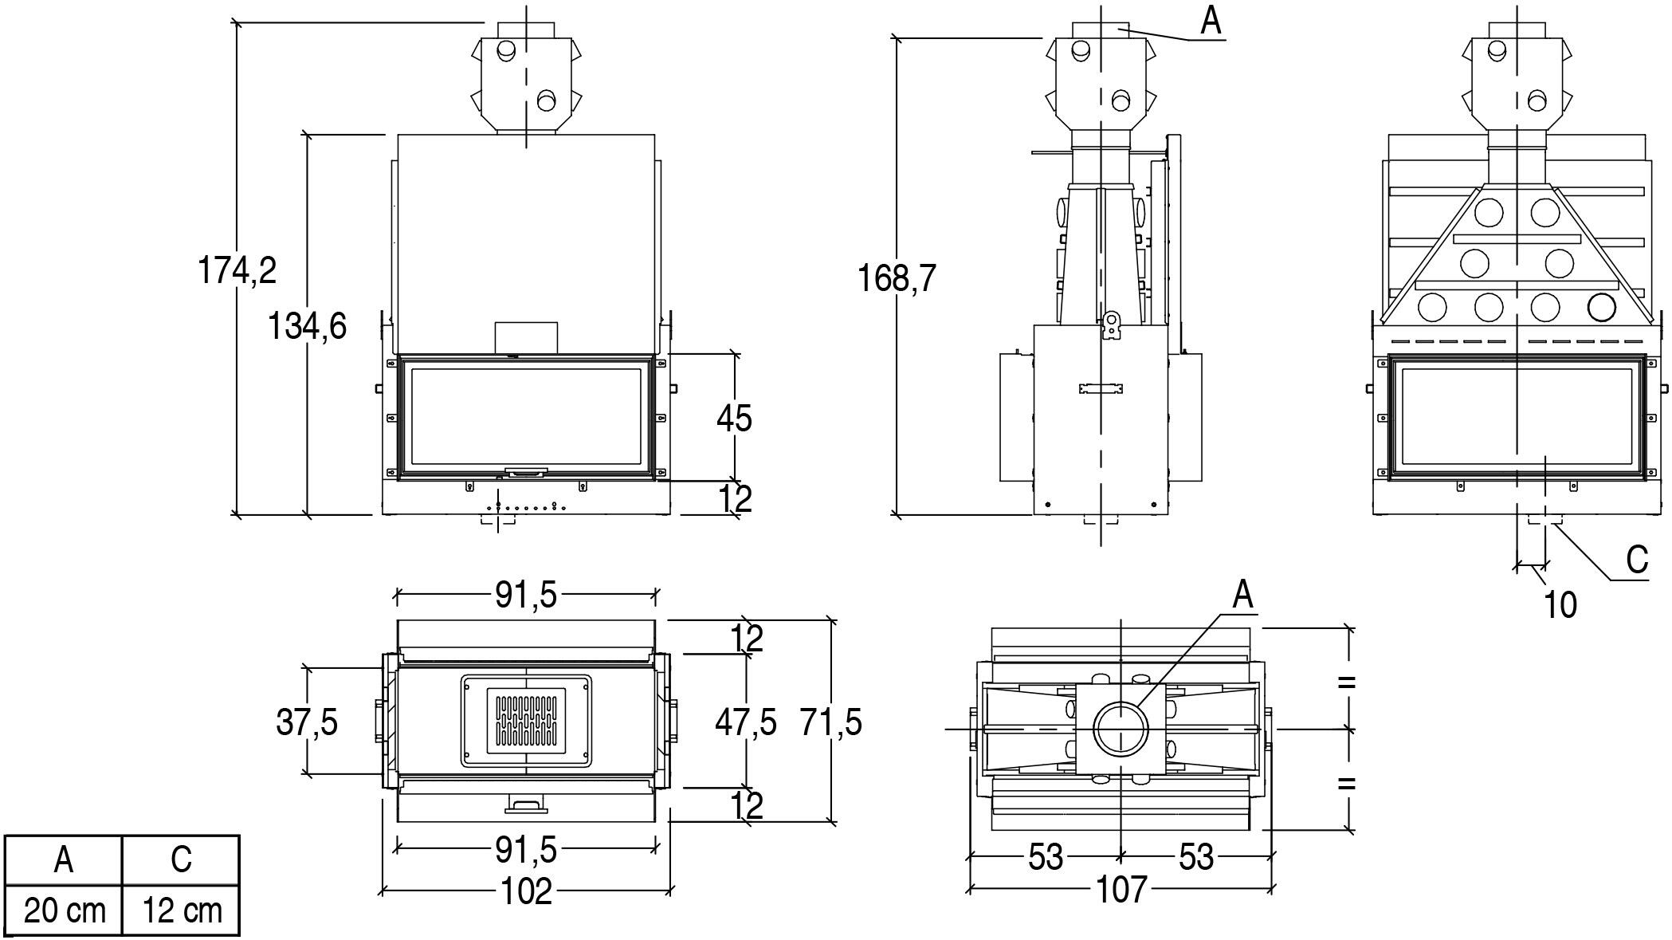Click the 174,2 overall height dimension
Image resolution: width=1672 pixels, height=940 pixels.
(237, 270)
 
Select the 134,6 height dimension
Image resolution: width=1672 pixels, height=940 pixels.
(307, 326)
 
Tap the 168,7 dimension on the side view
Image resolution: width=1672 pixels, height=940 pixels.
(897, 278)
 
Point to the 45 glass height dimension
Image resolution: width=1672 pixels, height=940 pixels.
(734, 418)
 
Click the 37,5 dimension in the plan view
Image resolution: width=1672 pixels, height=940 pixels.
(307, 722)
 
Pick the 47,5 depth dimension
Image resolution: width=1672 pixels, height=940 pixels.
(745, 722)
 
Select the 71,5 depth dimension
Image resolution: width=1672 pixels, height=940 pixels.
(831, 722)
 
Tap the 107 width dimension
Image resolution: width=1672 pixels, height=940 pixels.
(1121, 889)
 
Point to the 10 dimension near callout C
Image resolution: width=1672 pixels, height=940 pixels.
(1560, 605)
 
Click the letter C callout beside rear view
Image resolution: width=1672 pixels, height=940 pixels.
(1637, 560)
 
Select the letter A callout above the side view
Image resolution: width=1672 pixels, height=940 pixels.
(1211, 22)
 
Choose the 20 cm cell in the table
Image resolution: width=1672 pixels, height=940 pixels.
(64, 910)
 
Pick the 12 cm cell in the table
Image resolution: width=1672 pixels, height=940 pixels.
(182, 910)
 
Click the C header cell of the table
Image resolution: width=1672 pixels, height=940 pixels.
(181, 859)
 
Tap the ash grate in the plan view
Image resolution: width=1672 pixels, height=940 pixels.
(527, 721)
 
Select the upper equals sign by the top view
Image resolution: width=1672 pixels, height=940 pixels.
(1346, 682)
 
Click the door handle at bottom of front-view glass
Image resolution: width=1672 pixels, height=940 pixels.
(527, 473)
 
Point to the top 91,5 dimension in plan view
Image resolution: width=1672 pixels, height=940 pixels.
(527, 594)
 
